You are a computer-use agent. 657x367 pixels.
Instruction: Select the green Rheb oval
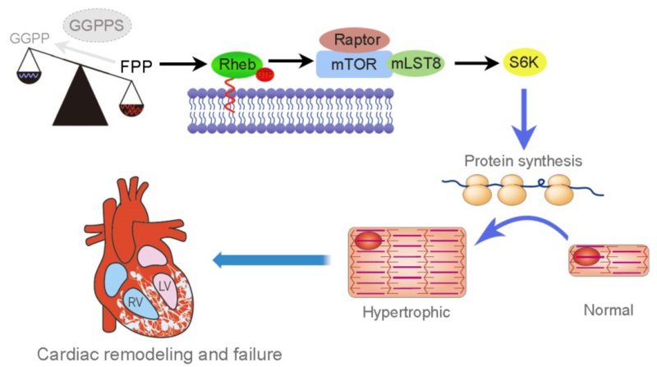coord(232,65)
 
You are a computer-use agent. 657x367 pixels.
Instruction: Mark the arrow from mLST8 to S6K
coord(471,62)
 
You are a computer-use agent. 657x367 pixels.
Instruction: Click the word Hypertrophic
coord(407,312)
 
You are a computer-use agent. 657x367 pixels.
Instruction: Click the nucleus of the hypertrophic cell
coord(368,241)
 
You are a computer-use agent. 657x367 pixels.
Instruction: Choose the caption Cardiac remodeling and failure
coord(159,355)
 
